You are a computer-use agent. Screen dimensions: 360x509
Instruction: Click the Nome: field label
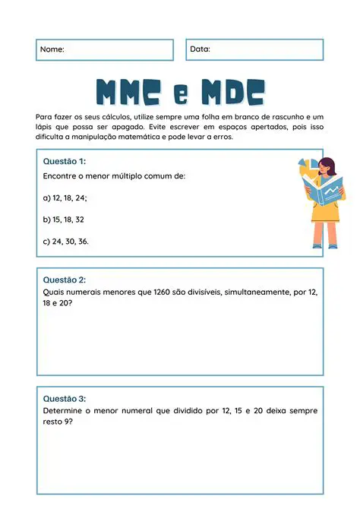click(52, 49)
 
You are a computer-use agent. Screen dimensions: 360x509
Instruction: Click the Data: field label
click(200, 49)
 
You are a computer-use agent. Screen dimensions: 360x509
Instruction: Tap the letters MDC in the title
click(232, 92)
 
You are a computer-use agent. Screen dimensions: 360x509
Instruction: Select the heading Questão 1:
click(65, 162)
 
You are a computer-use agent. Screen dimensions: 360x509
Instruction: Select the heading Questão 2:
click(65, 280)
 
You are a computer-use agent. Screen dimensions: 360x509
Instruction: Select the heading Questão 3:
click(65, 399)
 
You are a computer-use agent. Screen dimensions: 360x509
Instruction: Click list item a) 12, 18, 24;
click(65, 198)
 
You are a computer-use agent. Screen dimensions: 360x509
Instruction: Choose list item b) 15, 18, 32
click(64, 220)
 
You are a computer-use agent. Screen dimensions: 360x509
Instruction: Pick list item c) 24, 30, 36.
click(67, 242)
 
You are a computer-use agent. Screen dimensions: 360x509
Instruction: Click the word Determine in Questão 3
click(64, 410)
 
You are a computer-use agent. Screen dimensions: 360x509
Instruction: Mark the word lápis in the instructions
click(46, 127)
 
